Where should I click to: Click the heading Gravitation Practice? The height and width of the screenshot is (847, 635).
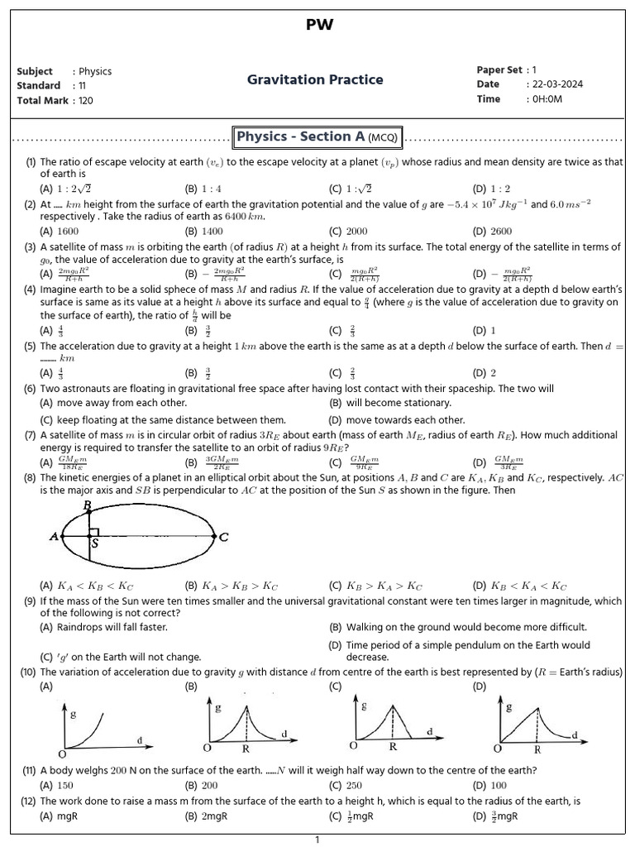pyautogui.click(x=315, y=79)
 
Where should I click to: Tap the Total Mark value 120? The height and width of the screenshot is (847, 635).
pyautogui.click(x=86, y=100)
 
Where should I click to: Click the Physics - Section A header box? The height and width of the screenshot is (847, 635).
pyautogui.click(x=317, y=136)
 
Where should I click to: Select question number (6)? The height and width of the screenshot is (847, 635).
pyautogui.click(x=31, y=388)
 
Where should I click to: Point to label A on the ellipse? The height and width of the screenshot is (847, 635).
pyautogui.click(x=54, y=536)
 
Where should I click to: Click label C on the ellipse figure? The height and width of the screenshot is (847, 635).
pyautogui.click(x=223, y=537)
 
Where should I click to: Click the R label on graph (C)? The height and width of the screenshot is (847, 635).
pyautogui.click(x=393, y=746)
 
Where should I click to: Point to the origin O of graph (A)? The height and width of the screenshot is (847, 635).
pyautogui.click(x=62, y=753)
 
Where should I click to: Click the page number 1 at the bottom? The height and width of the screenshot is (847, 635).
pyautogui.click(x=317, y=840)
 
